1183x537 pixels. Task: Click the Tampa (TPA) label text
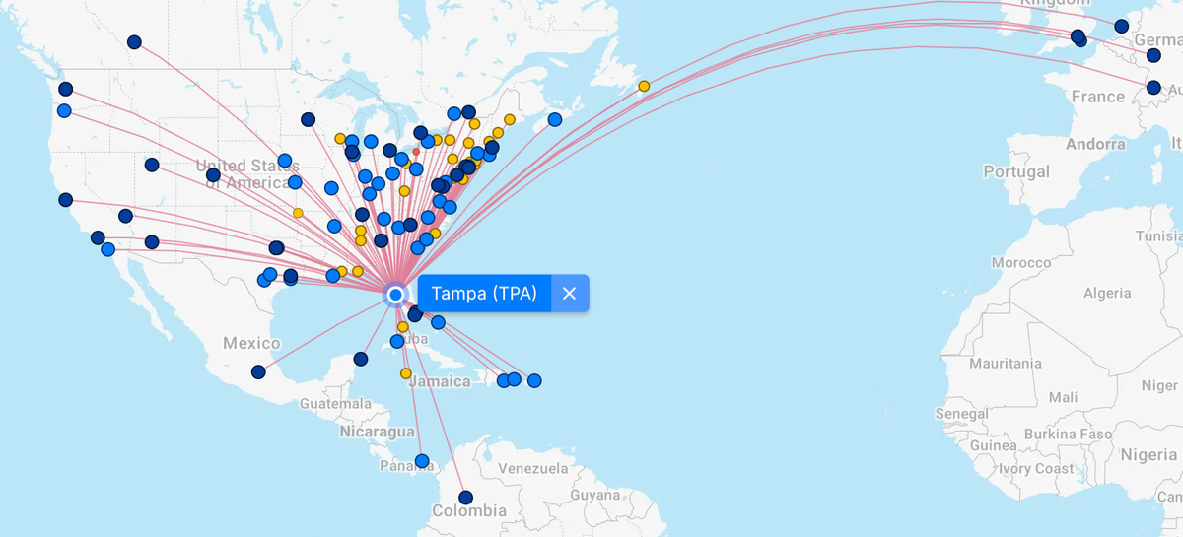pyautogui.click(x=484, y=294)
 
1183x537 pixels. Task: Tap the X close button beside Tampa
pyautogui.click(x=569, y=294)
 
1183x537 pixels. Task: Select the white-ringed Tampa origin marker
pyautogui.click(x=395, y=294)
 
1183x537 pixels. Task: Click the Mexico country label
pyautogui.click(x=251, y=343)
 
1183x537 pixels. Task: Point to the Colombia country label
pyautogui.click(x=469, y=511)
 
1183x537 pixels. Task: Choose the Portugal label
pyautogui.click(x=1016, y=171)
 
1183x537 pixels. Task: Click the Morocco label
pyautogui.click(x=1021, y=263)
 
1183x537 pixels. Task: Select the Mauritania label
pyautogui.click(x=1006, y=363)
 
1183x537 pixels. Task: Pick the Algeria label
pyautogui.click(x=1107, y=293)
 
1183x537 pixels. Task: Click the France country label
pyautogui.click(x=1097, y=97)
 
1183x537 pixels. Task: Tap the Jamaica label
pyautogui.click(x=441, y=381)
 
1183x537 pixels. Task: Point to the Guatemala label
pyautogui.click(x=336, y=404)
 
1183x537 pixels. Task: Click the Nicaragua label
pyautogui.click(x=378, y=432)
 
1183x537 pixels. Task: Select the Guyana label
pyautogui.click(x=595, y=495)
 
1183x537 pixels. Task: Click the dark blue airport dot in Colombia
pyautogui.click(x=466, y=498)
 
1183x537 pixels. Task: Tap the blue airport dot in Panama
pyautogui.click(x=422, y=461)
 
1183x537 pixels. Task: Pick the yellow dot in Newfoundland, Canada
pyautogui.click(x=644, y=86)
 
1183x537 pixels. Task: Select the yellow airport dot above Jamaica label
pyautogui.click(x=406, y=373)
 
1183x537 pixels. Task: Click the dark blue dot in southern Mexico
pyautogui.click(x=258, y=372)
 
